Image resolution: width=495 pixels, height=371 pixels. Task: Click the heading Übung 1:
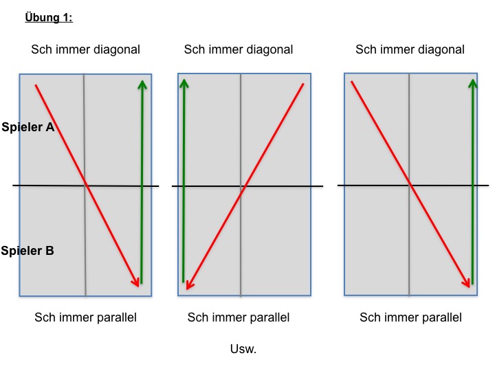[49, 17]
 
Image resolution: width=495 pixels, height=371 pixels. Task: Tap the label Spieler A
[28, 127]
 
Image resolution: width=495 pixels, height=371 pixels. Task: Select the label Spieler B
[27, 251]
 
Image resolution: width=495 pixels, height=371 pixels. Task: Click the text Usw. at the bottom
[243, 349]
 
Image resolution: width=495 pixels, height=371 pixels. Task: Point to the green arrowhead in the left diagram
[142, 85]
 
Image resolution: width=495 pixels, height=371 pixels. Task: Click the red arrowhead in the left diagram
[135, 282]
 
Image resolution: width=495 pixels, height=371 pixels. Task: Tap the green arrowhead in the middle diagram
[184, 83]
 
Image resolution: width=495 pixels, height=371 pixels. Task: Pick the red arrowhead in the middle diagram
[190, 284]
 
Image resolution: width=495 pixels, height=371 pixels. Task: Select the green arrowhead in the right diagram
[472, 84]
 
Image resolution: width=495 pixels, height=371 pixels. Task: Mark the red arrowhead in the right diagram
[467, 282]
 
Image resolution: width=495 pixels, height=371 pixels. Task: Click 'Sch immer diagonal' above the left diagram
[85, 49]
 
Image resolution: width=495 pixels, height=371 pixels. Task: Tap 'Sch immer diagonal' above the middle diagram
[239, 49]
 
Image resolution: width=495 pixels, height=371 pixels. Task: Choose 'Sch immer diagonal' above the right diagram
[410, 49]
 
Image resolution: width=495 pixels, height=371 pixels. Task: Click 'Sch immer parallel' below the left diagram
[85, 317]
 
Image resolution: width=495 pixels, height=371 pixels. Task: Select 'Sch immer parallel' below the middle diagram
[239, 317]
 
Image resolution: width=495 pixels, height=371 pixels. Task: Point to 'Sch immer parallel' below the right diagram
[410, 317]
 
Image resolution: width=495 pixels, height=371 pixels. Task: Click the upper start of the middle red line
[303, 84]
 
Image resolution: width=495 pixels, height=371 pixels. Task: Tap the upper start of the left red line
[36, 85]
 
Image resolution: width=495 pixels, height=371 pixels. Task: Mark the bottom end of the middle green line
[184, 282]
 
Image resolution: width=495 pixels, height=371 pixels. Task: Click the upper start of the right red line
[351, 81]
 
